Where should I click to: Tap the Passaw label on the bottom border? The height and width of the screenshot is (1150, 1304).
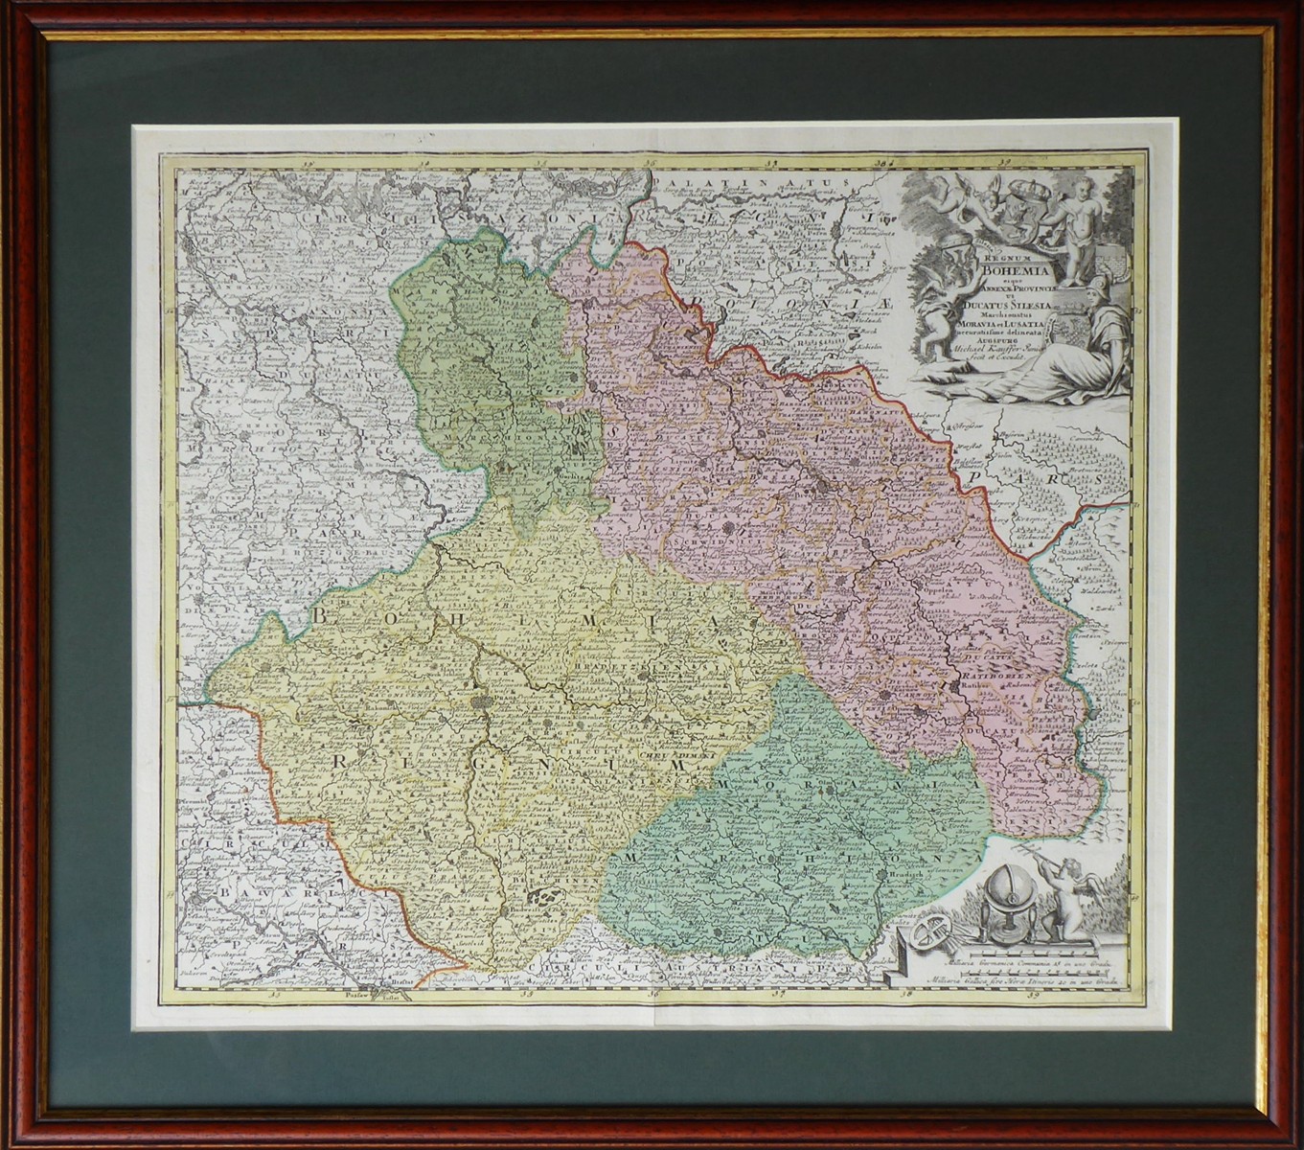pos(356,995)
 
